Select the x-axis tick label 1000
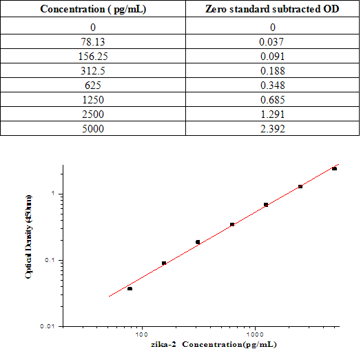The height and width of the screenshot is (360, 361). pos(256,334)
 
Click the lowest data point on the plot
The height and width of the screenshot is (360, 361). pos(130,288)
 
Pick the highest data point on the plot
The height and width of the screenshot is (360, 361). pos(334,168)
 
